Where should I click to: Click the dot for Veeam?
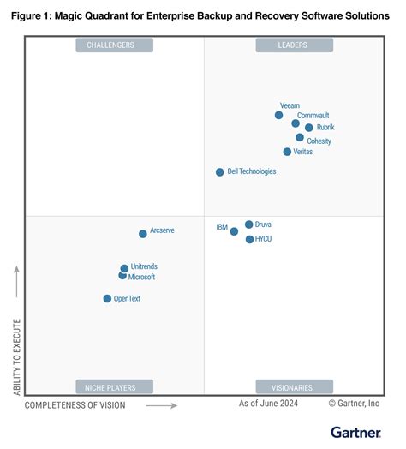tap(278, 115)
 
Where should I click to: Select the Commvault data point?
tap(296, 123)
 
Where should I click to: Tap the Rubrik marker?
tap(308, 128)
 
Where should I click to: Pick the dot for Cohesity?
tap(300, 137)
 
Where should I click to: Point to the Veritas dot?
tap(287, 152)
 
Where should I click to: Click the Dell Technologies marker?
tap(220, 172)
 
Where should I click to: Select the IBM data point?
tap(234, 231)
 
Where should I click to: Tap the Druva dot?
tap(248, 224)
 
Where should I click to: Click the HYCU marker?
tap(249, 239)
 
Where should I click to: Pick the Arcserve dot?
tap(143, 234)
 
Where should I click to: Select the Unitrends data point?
tap(124, 268)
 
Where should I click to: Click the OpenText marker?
tap(107, 299)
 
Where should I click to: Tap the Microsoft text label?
tap(142, 277)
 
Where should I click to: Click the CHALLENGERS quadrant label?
tap(114, 45)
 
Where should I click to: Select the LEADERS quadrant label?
tap(294, 45)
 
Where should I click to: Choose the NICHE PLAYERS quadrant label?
tap(114, 386)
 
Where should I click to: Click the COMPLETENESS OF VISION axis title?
tap(75, 405)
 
